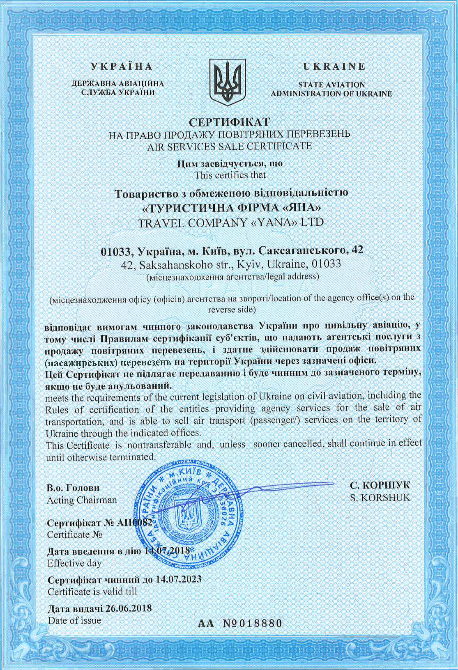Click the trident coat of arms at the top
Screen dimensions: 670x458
coord(228,82)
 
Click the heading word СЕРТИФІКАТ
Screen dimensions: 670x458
coord(229,122)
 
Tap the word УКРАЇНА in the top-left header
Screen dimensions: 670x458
coord(122,67)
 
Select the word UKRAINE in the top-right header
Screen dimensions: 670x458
coord(334,67)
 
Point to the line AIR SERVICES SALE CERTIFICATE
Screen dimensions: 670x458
coord(229,146)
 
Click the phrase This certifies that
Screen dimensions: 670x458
coord(230,175)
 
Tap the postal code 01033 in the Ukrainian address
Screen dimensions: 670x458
coord(116,250)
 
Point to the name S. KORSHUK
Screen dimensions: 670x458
coord(380,498)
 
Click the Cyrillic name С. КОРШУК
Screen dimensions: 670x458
coord(380,485)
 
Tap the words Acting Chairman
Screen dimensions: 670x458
coord(82,500)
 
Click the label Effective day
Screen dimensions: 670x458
coord(74,563)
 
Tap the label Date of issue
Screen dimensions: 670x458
coord(74,620)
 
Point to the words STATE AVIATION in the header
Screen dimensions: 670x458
coord(331,85)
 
